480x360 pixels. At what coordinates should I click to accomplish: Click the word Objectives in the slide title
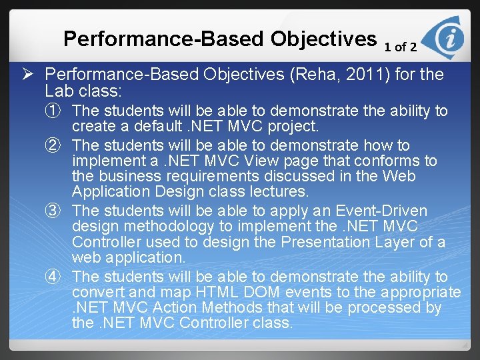pyautogui.click(x=323, y=39)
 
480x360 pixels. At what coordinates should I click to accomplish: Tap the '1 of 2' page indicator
pyautogui.click(x=401, y=47)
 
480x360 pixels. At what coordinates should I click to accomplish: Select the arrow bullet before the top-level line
pyautogui.click(x=34, y=75)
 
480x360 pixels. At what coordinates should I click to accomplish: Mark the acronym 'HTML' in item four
pyautogui.click(x=207, y=292)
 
